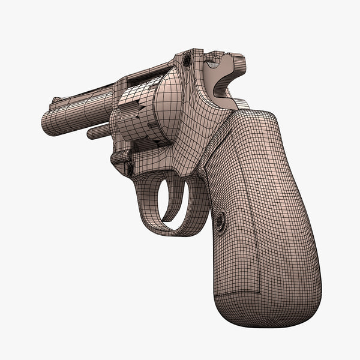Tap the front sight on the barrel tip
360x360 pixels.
[x=56, y=100]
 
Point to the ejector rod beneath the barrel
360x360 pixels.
[x=100, y=131]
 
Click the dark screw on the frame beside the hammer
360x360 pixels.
[x=187, y=61]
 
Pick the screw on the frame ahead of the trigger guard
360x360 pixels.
[x=130, y=169]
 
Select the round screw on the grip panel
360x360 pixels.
[x=220, y=223]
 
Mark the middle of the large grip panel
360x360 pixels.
[x=264, y=204]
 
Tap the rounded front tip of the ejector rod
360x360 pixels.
[x=89, y=133]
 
